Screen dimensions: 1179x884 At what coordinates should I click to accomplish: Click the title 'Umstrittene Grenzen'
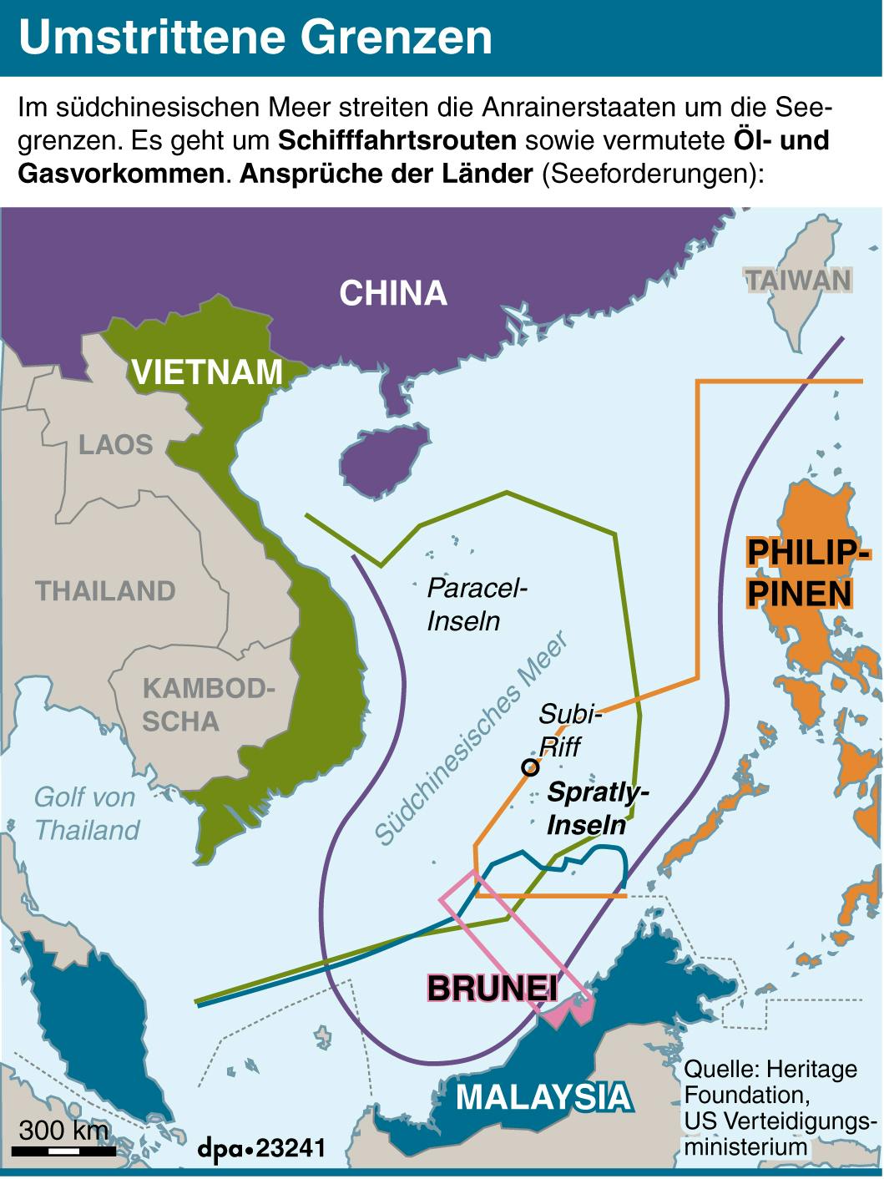click(x=255, y=38)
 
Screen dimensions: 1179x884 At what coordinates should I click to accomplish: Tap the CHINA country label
click(x=393, y=293)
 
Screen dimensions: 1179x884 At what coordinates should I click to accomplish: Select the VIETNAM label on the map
click(x=208, y=372)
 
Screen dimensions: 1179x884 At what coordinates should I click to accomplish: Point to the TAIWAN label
click(x=798, y=280)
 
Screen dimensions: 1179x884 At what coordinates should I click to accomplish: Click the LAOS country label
click(x=116, y=444)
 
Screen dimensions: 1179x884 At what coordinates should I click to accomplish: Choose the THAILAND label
click(x=106, y=591)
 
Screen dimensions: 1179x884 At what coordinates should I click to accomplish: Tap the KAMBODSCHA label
click(x=208, y=706)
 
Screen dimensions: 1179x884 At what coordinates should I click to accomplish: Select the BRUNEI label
click(x=492, y=988)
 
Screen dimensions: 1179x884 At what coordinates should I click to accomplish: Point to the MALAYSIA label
click(x=543, y=1096)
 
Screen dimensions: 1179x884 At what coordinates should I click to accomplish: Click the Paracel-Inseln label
click(x=477, y=604)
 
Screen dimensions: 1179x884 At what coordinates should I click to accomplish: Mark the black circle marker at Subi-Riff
click(x=529, y=767)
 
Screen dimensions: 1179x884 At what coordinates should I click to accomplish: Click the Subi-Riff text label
click(x=568, y=729)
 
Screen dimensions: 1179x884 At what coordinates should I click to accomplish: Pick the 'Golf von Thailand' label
click(x=86, y=813)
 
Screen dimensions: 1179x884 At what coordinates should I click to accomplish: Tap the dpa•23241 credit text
click(x=261, y=1148)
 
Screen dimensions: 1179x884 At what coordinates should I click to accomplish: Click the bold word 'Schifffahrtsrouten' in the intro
click(x=397, y=140)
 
